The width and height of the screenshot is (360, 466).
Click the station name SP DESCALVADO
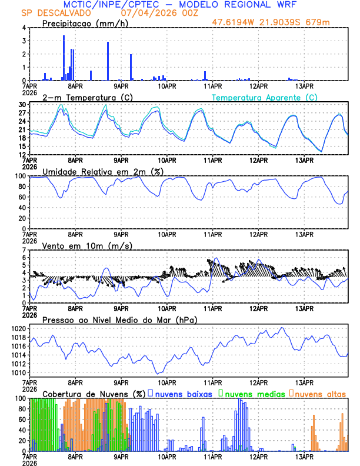[x=56, y=13]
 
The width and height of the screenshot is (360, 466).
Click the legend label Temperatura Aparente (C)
[x=265, y=97]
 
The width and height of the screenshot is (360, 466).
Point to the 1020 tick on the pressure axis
[x=19, y=328]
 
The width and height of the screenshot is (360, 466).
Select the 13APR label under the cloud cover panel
[x=304, y=456]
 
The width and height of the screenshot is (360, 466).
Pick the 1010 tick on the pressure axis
[x=19, y=372]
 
